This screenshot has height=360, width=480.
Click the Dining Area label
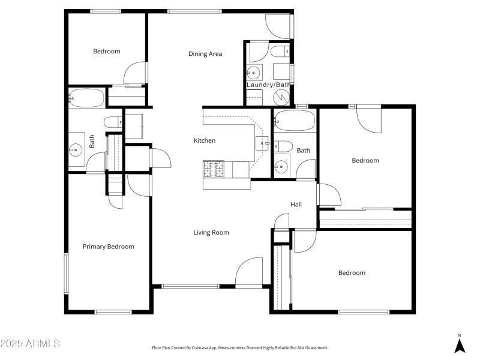[205, 54]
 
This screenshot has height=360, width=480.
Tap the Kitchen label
[204, 141]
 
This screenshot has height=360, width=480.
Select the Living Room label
[211, 233]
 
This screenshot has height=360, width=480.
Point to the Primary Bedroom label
[108, 247]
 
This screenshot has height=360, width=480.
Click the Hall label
[296, 205]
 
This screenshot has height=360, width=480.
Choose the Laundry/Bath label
[268, 85]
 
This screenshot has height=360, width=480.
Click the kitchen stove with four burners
[213, 169]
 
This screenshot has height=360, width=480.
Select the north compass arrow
[460, 346]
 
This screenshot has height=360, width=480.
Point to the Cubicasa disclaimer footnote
[240, 348]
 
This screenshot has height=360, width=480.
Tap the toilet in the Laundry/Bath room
[280, 53]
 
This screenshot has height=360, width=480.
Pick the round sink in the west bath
[76, 149]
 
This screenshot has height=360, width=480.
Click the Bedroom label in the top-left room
[106, 52]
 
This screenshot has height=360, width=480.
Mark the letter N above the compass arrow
[460, 335]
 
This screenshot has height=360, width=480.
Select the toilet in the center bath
[283, 146]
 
